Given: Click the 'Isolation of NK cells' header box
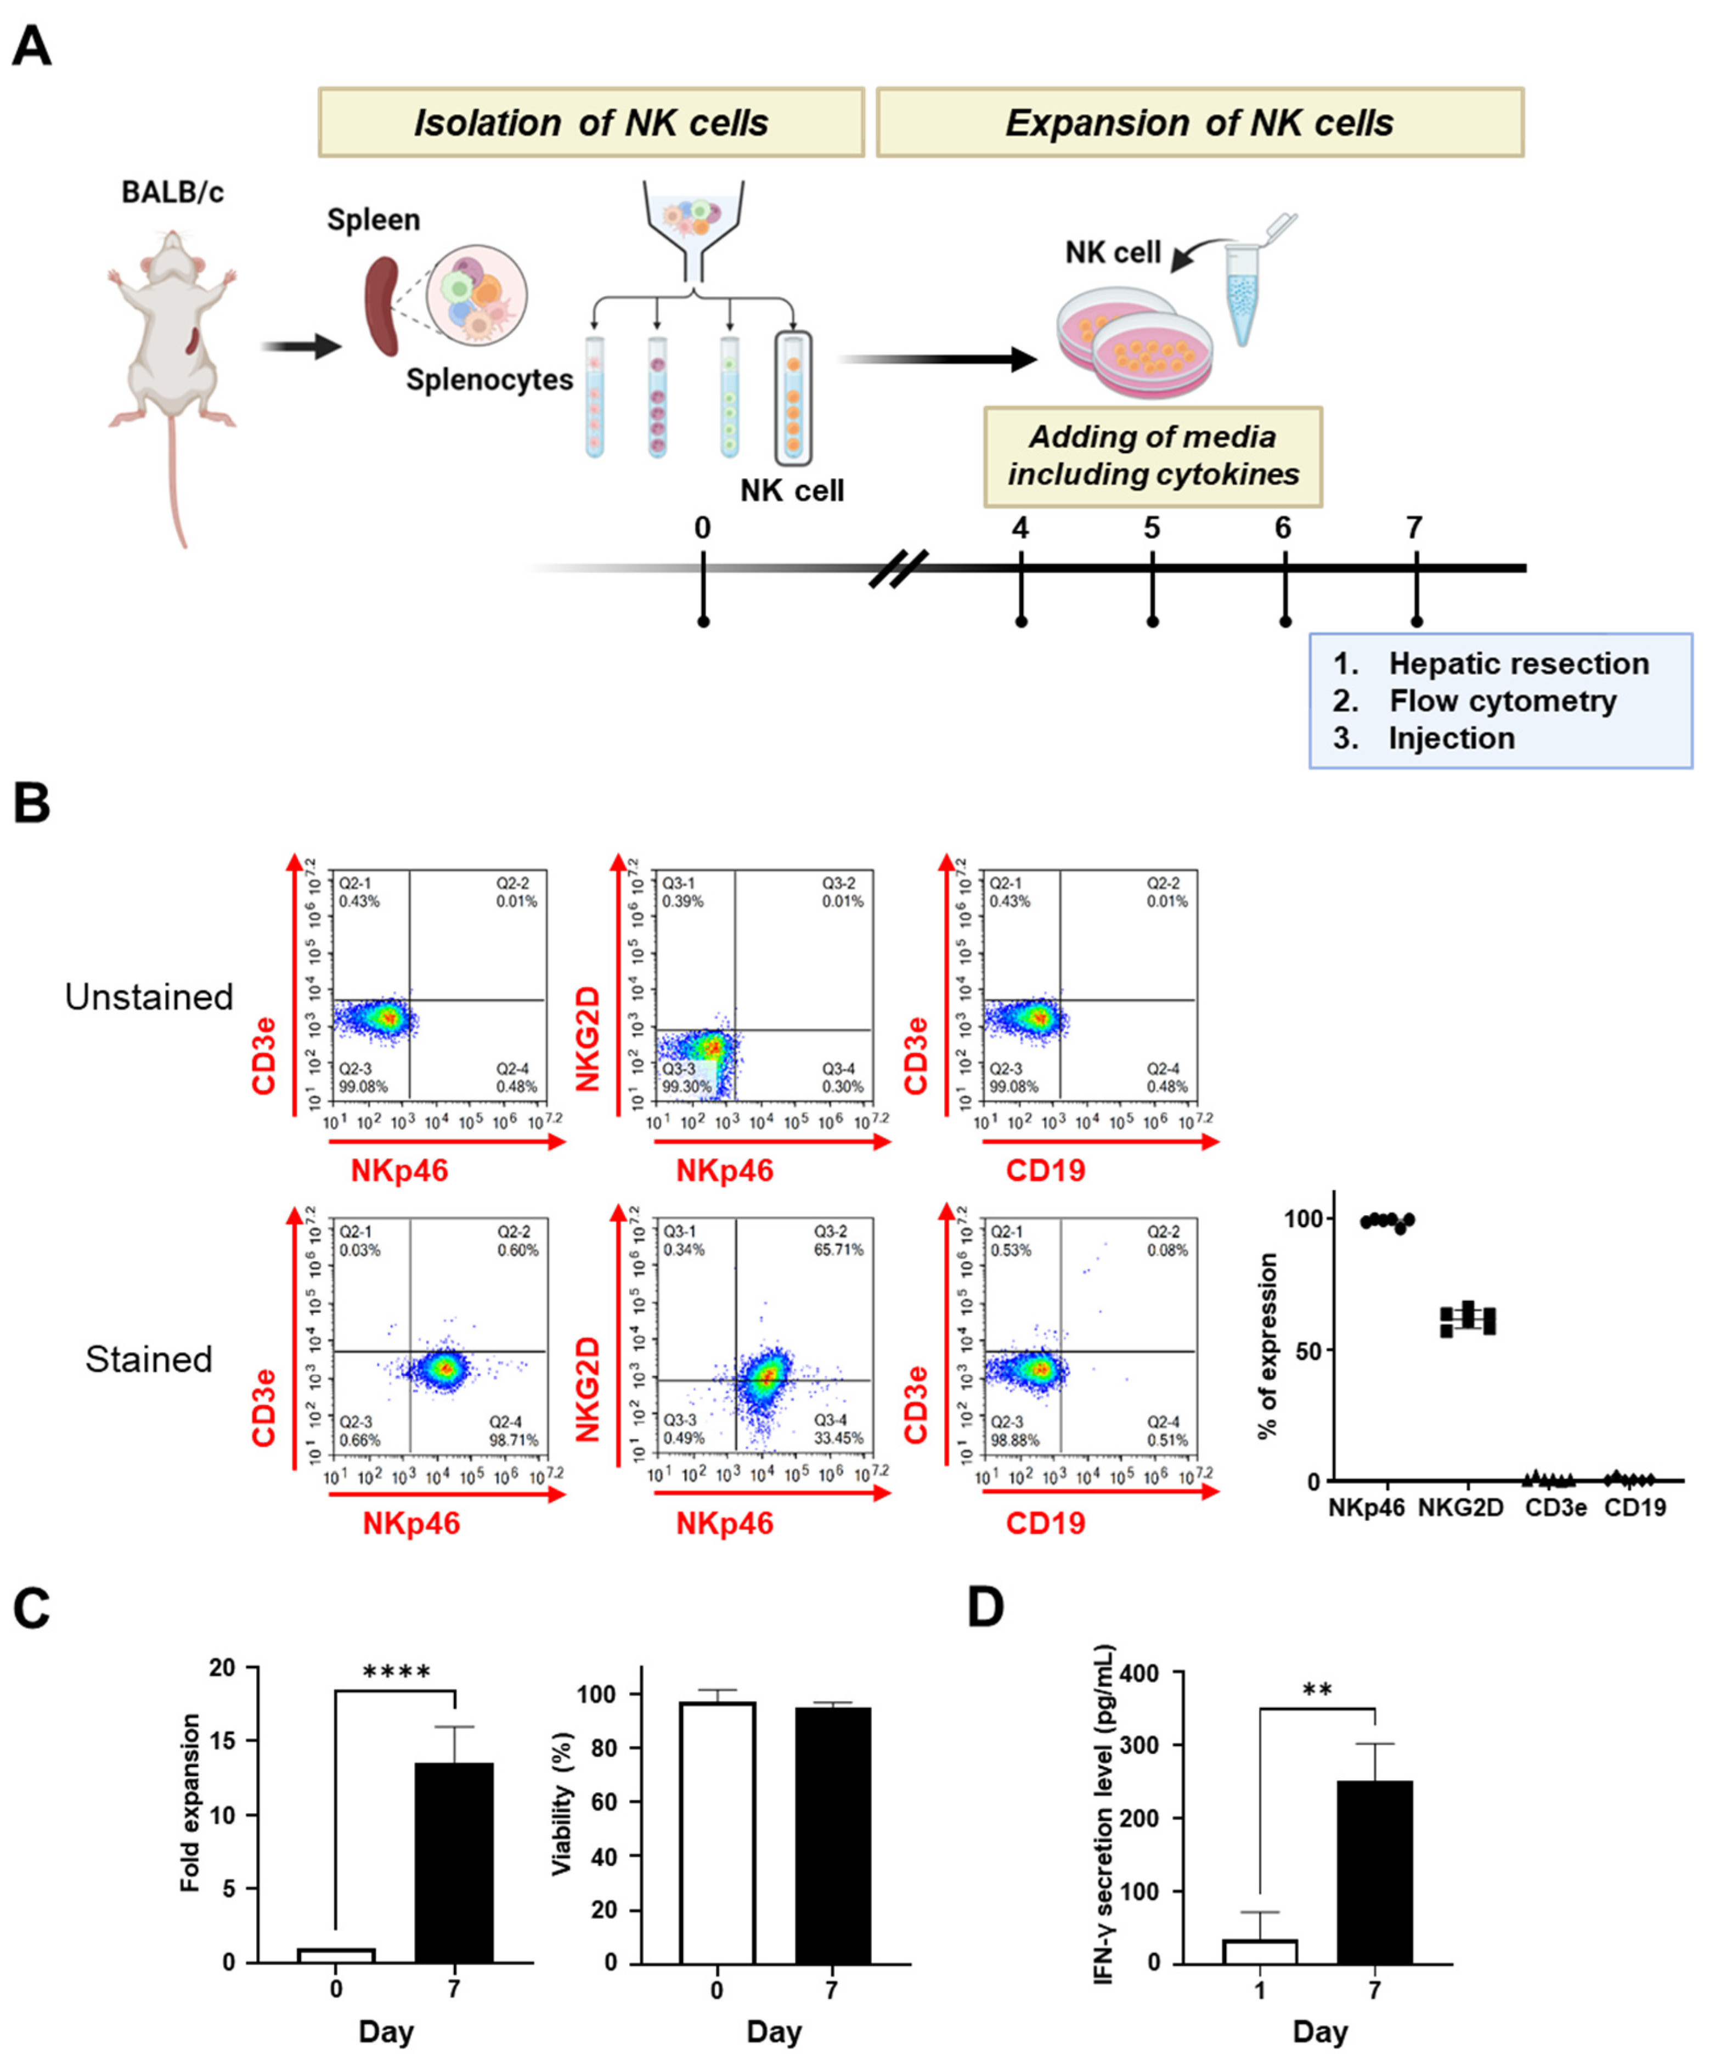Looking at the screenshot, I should click(x=591, y=123).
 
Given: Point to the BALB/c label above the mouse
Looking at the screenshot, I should click(x=172, y=192).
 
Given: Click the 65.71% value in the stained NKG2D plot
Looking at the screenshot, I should click(x=838, y=1250).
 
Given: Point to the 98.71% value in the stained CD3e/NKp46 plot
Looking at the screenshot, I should click(x=514, y=1440).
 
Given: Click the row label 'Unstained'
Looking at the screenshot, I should click(x=149, y=997).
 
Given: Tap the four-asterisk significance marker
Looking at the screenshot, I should click(x=396, y=1673).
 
